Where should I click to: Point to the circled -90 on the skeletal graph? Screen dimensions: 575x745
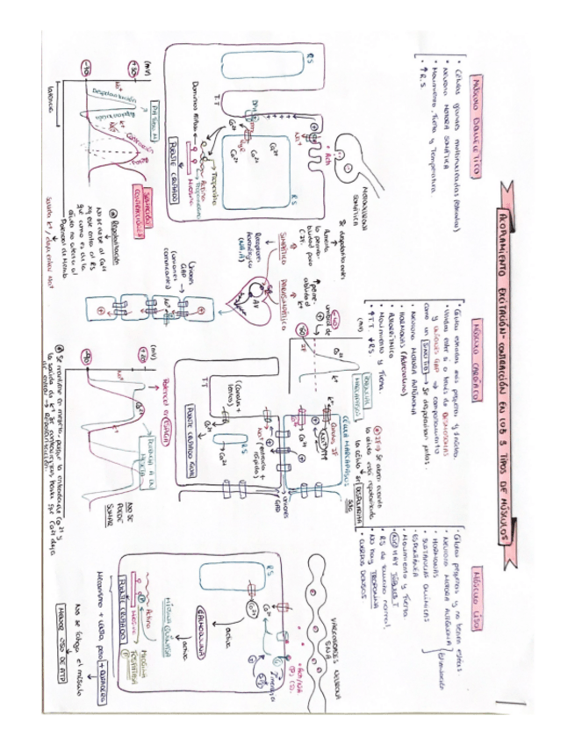pos(85,69)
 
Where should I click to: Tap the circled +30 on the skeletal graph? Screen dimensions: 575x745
pos(133,69)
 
